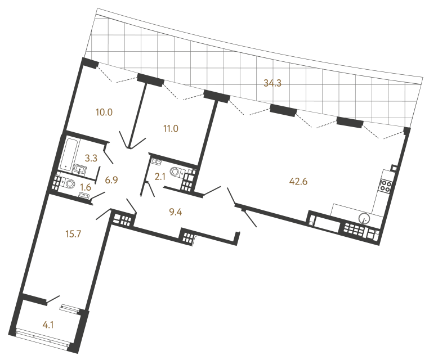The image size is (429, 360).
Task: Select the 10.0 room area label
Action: (104, 112)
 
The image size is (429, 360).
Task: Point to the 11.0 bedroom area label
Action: (171, 128)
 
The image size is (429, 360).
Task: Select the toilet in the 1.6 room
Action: (69, 183)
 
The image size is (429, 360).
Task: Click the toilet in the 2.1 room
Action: (176, 172)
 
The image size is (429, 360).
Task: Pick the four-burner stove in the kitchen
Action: (386, 186)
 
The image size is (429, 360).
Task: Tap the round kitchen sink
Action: (365, 217)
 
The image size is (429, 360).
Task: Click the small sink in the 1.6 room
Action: (84, 195)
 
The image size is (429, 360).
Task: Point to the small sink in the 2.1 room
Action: (154, 164)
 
